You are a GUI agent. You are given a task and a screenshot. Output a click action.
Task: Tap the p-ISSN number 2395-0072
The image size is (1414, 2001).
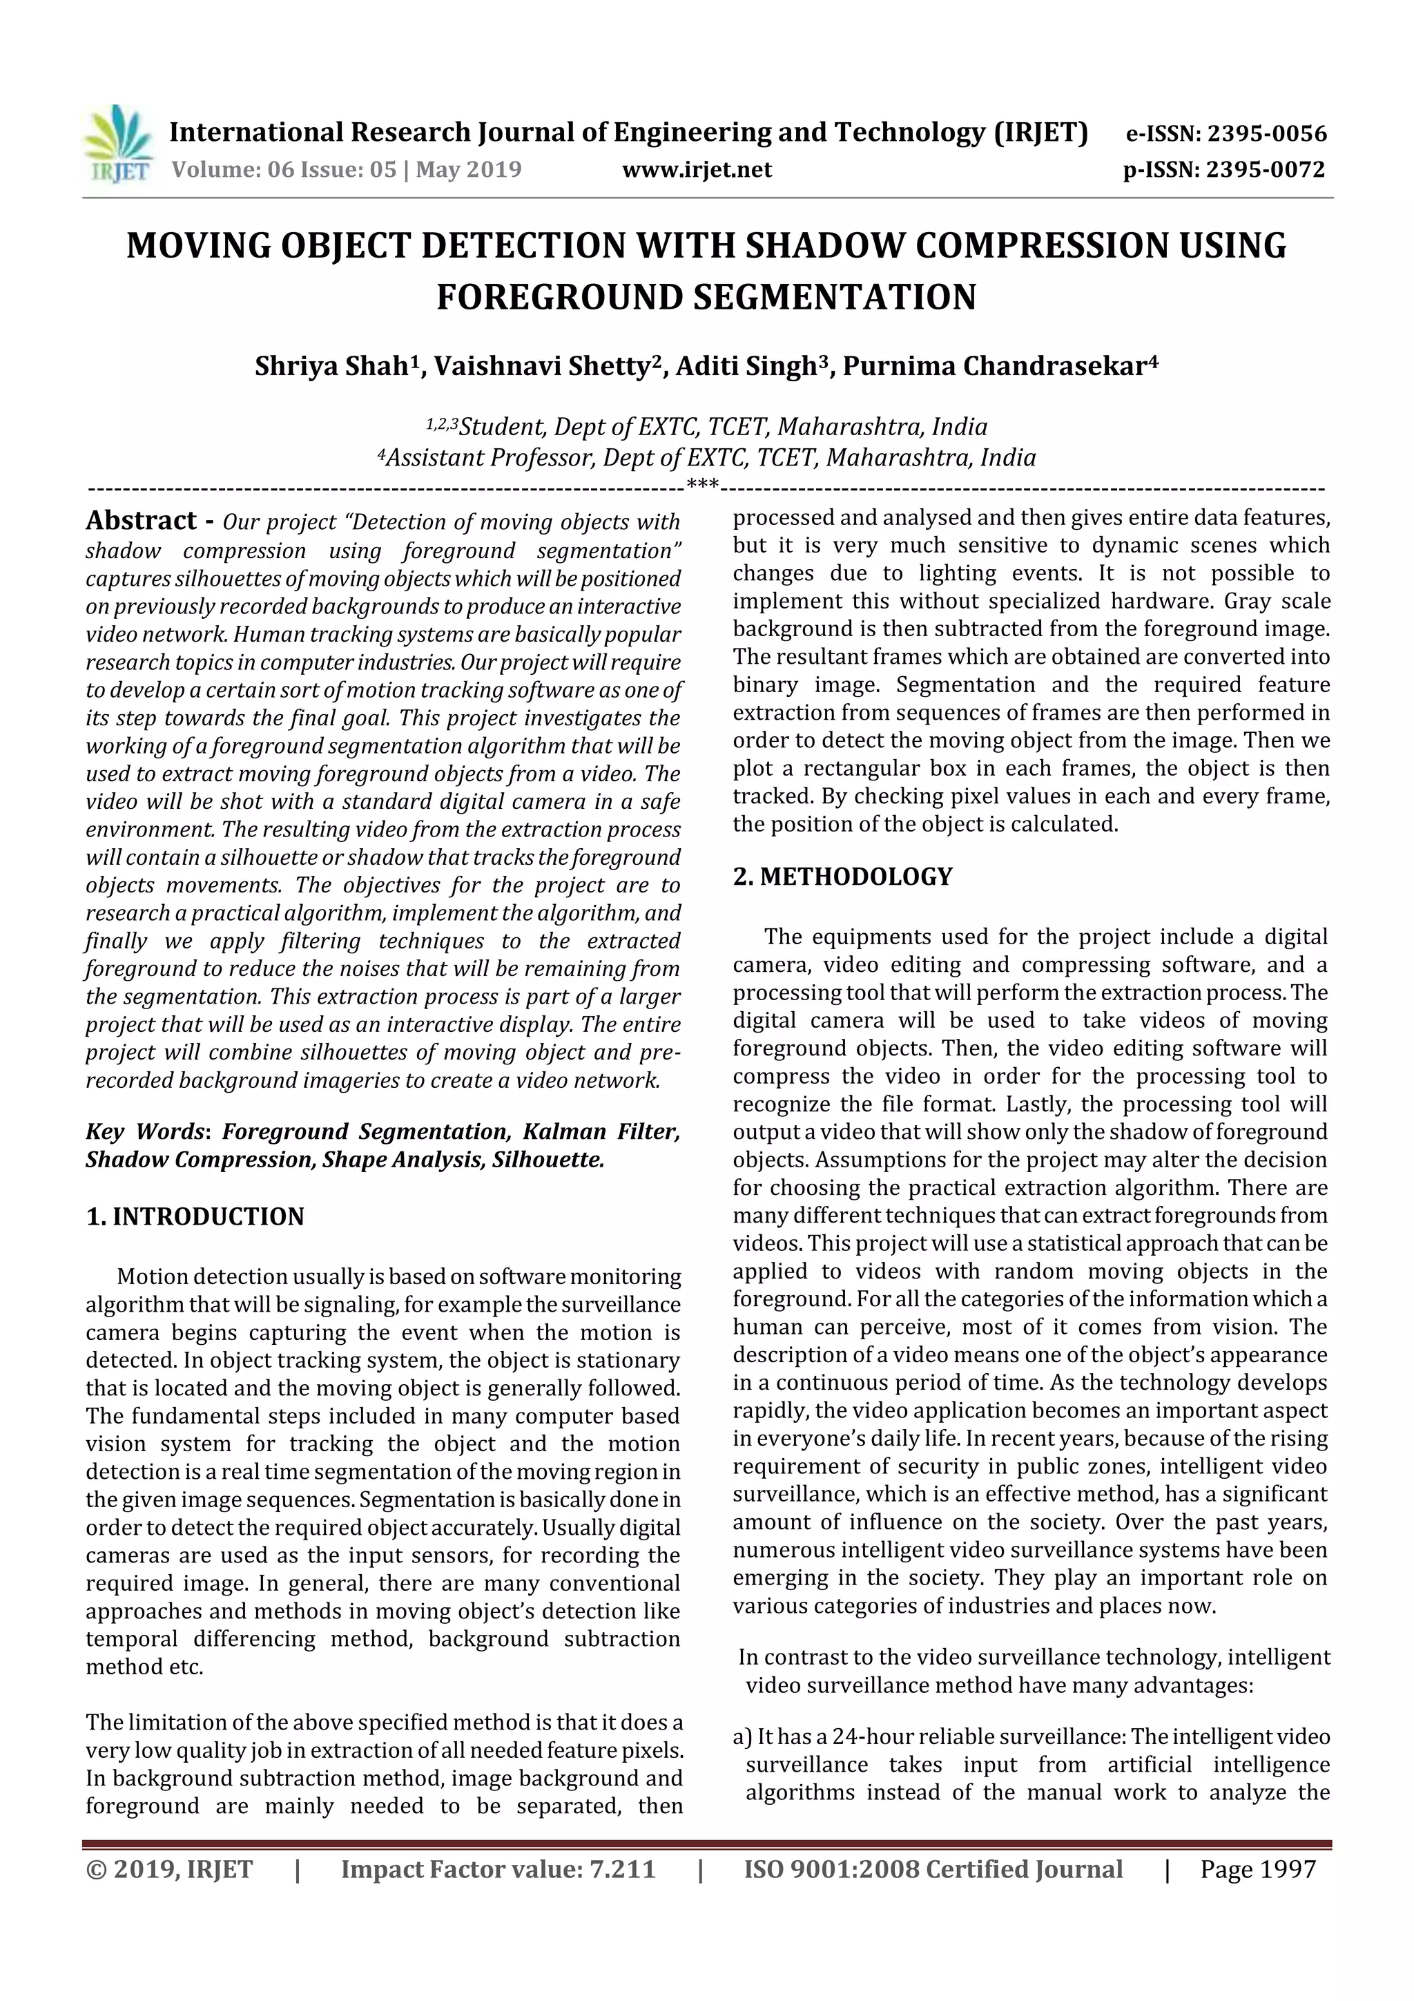coord(1265,170)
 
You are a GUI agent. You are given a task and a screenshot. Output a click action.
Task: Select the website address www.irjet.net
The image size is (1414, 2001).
coord(696,170)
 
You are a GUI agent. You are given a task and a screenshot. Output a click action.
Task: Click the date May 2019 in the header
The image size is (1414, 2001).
coord(468,169)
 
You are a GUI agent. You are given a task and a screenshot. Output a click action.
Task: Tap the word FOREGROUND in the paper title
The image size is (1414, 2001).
coord(560,297)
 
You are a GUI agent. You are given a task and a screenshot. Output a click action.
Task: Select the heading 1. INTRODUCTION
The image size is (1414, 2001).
coord(195,1216)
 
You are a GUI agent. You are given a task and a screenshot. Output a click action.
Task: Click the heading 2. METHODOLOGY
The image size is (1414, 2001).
coord(842,877)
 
